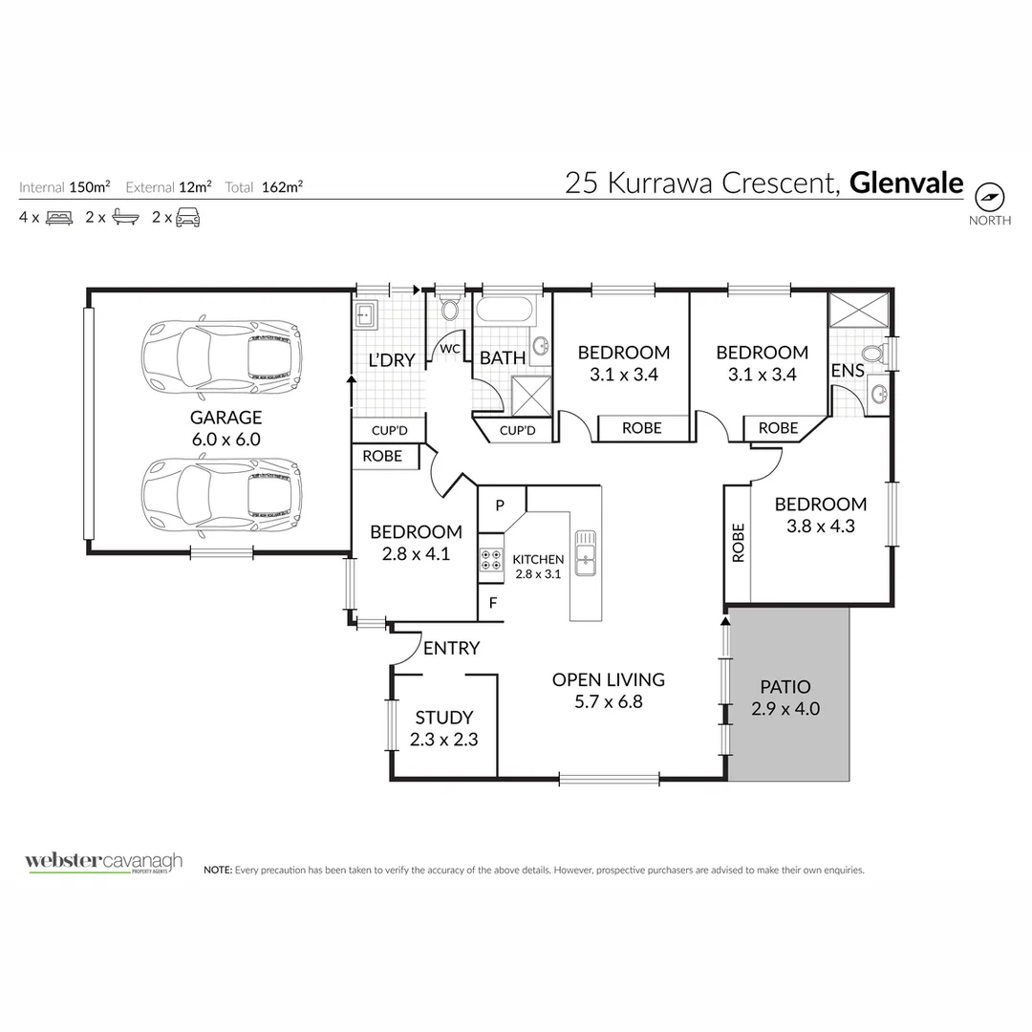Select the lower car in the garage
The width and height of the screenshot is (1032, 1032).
(x=222, y=493)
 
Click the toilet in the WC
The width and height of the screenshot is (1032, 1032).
(x=449, y=309)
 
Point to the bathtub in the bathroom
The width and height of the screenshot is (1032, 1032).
(x=505, y=311)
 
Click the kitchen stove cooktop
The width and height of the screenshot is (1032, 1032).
(x=491, y=559)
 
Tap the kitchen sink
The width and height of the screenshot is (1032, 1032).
(x=586, y=553)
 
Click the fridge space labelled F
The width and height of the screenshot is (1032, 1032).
(x=493, y=603)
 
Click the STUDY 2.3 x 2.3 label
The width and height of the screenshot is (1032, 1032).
(x=443, y=728)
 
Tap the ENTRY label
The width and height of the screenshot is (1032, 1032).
(x=451, y=649)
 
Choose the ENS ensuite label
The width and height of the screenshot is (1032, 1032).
(x=847, y=370)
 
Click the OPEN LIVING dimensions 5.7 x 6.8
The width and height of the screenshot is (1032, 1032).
(x=609, y=701)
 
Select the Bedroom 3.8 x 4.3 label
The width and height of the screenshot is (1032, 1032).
(x=820, y=514)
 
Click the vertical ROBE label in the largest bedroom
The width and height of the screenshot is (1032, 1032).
(x=737, y=543)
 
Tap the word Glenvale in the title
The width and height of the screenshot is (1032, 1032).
(x=906, y=183)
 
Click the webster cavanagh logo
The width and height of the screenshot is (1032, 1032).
(x=103, y=863)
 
